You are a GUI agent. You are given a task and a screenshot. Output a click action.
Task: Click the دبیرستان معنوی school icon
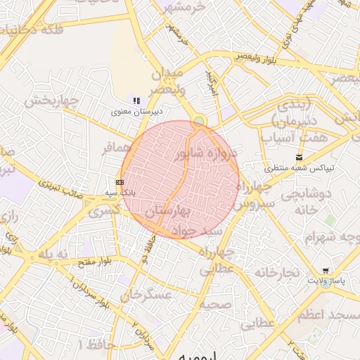[x=136, y=101]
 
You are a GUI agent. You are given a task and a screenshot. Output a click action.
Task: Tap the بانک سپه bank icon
[x=120, y=182]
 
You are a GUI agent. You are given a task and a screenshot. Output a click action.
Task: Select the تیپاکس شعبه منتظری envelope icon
[x=300, y=157]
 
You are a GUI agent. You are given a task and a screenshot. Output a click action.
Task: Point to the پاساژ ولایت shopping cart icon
[x=325, y=271]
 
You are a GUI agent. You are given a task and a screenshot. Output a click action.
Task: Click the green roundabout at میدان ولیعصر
[x=199, y=122]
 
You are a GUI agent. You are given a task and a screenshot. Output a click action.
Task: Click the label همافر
[x=117, y=148]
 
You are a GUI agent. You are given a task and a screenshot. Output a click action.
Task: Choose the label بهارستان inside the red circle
[x=167, y=211]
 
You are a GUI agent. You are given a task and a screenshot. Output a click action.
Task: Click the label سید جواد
[x=201, y=231]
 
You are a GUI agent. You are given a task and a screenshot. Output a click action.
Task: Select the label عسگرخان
[x=148, y=296]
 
